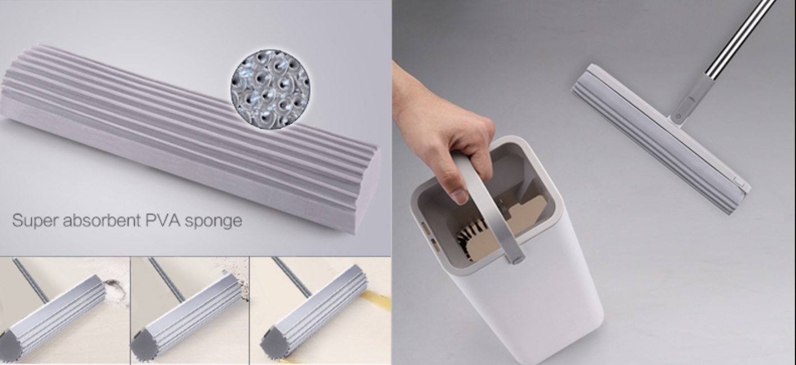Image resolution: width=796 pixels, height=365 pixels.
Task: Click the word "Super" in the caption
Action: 35,221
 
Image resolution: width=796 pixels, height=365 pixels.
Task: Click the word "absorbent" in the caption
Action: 102,221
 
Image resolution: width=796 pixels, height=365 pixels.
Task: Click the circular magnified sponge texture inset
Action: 270,89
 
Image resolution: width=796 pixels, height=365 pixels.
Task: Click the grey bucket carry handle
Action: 490,206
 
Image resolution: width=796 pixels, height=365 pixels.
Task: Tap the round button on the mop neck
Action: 678,116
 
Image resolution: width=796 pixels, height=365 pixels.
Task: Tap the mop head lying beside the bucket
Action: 661,139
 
